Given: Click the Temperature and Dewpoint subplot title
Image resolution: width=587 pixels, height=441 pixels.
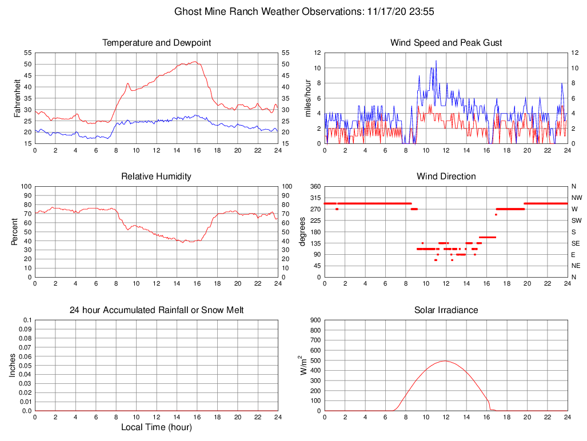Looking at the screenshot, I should (x=157, y=43).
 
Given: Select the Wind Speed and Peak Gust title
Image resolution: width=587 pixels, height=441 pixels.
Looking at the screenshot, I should (x=446, y=43).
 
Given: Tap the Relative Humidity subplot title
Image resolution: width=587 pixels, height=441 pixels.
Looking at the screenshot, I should (x=157, y=177).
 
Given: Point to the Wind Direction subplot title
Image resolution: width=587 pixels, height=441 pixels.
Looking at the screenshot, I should (x=446, y=177).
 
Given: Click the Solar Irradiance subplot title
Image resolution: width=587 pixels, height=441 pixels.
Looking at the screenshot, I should (x=446, y=310).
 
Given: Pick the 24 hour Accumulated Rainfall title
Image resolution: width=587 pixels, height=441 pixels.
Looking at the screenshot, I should (x=157, y=310).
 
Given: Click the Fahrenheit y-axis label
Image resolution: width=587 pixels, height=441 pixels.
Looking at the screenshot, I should (x=18, y=98).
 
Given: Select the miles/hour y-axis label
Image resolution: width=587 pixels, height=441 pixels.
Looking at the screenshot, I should (x=308, y=98).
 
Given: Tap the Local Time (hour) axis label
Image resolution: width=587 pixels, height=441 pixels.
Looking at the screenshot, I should (x=157, y=427).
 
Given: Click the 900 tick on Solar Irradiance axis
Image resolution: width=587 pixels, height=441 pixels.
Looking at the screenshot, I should (x=316, y=320).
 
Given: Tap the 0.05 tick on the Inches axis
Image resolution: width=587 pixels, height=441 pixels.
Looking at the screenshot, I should (x=24, y=366).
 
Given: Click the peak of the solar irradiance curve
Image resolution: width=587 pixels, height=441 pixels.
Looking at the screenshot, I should (x=445, y=361).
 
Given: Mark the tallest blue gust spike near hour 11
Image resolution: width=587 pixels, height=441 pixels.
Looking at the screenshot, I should (x=436, y=61).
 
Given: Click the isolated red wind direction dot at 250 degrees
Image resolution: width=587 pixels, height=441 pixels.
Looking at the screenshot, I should (x=496, y=214).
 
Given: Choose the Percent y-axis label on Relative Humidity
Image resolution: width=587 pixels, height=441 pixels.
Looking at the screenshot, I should (x=15, y=232).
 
